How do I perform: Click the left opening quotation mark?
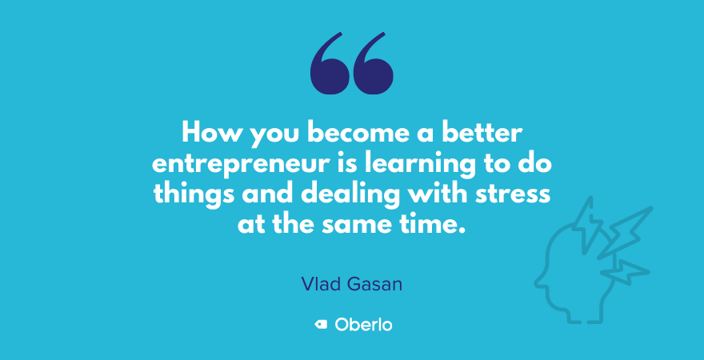click(329, 64)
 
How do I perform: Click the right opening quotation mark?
click(374, 64)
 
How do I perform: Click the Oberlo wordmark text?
click(363, 325)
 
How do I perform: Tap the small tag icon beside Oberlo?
click(321, 325)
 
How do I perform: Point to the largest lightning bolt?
click(626, 233)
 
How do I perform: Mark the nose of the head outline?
click(538, 282)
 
